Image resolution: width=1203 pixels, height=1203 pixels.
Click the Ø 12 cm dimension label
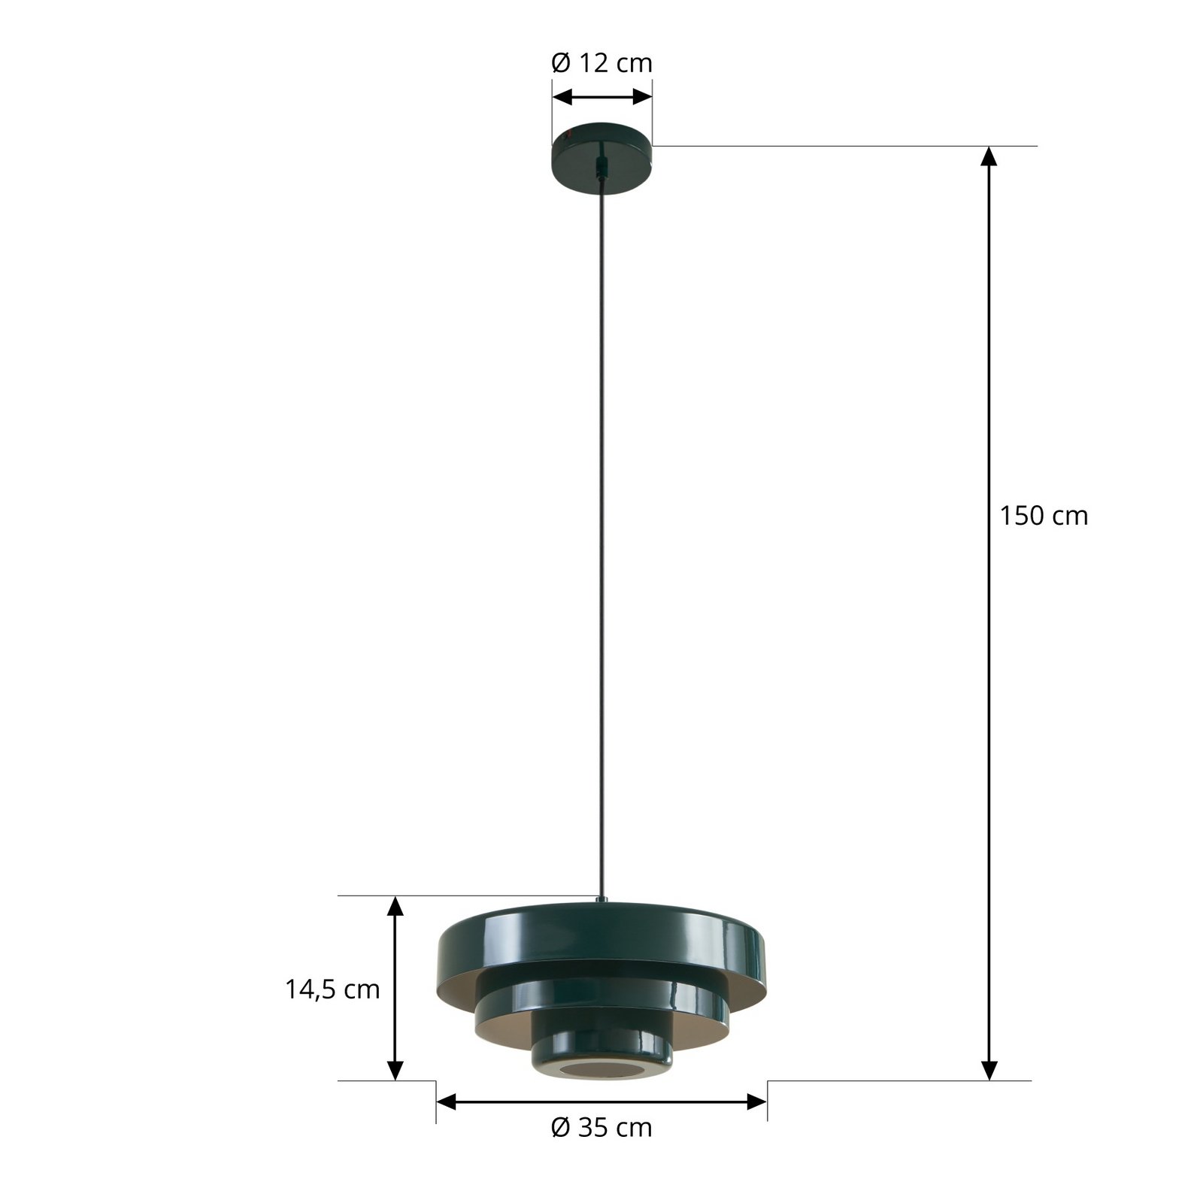[601, 63]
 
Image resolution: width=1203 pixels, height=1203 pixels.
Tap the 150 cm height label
[1043, 516]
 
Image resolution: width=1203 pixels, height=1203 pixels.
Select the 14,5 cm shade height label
[332, 989]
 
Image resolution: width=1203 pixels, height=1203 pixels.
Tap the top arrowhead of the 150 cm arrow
[989, 156]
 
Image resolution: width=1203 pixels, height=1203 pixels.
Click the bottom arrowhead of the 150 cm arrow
[989, 1070]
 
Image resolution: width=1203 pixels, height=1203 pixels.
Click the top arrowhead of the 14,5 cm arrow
[395, 906]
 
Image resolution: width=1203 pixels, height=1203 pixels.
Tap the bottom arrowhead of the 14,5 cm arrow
[395, 1070]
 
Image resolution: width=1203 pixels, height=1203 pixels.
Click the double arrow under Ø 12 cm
[601, 97]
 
